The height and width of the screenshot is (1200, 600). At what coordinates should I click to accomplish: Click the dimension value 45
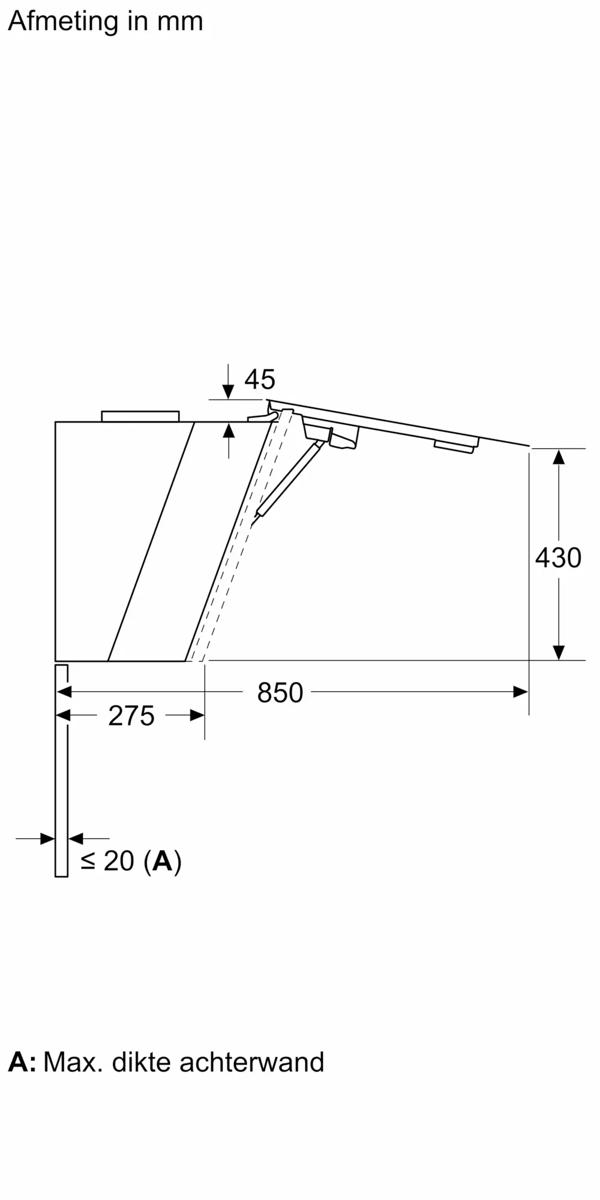point(260,379)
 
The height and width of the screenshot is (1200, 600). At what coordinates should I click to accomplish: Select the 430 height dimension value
point(558,557)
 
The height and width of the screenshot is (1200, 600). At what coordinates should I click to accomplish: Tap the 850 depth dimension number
point(280,692)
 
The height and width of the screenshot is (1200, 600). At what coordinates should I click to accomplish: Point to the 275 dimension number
point(131,716)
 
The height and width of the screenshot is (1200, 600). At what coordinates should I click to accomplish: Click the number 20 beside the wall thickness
point(119,861)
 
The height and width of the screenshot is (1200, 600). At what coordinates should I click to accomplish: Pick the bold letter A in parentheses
point(163,861)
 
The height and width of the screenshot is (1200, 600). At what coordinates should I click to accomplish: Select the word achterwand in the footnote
point(252,1062)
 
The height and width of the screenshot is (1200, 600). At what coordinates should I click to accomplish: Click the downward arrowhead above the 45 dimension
point(228,391)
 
